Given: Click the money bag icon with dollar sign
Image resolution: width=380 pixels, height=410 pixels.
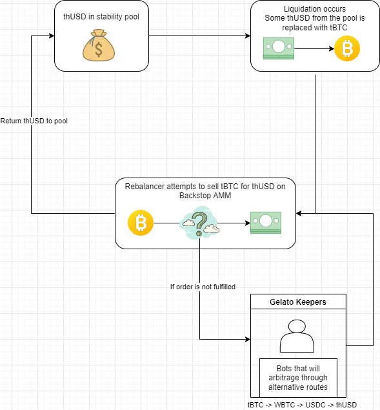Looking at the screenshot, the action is coord(99,45).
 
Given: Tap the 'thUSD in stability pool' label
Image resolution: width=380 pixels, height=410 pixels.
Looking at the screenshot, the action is coord(101,17).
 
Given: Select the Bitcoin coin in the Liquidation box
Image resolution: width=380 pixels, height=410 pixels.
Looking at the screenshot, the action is coord(347,48).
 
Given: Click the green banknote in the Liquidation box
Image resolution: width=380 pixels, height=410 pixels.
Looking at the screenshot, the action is coord(279,48).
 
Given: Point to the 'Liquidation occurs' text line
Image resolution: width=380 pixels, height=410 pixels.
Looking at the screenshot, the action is coord(315,9).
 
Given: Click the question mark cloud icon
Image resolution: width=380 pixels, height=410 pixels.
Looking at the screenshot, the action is coord(199,223).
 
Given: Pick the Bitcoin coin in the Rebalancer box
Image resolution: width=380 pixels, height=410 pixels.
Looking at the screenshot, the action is coord(141,223).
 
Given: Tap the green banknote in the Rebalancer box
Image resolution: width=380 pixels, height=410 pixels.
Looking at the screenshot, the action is coord(266,223).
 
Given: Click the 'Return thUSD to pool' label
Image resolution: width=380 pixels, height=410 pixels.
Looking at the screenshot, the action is coord(34,121).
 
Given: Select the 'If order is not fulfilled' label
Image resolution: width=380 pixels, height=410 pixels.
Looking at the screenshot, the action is coord(203,287).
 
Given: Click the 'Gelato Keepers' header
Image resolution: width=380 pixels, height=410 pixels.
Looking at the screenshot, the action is coord(298,302).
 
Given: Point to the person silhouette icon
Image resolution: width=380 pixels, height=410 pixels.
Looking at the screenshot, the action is coord(297,336).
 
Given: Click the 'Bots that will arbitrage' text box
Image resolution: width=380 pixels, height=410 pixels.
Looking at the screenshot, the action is coord(298,378).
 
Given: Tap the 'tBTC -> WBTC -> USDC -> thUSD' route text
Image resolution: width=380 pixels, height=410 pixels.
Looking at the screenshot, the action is coord(302,405).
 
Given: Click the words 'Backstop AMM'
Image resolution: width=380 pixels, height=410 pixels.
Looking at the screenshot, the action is coord(205,196).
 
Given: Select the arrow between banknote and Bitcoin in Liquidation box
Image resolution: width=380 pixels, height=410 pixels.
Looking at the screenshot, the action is coord(314,48).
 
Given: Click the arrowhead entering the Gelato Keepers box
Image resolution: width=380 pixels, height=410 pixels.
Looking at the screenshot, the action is coord(248,340).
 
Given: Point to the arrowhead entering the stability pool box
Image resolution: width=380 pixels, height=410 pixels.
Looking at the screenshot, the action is coord(52,36).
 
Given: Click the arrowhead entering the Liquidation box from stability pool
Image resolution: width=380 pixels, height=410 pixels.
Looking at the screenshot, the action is coord(248,36).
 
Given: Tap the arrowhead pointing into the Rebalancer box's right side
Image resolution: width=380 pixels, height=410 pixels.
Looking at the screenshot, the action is coord(299,213).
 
